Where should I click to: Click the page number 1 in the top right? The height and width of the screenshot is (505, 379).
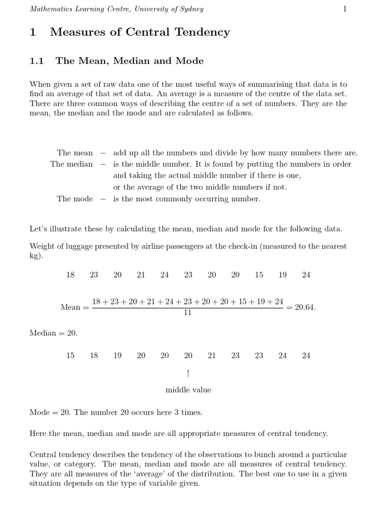coord(345,9)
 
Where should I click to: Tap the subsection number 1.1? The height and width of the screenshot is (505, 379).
coord(37,61)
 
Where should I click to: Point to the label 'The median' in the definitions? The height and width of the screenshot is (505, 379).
coord(72,164)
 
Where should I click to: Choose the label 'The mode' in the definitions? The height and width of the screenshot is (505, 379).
coord(75,199)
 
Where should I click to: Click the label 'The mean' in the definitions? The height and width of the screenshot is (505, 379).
coord(75,153)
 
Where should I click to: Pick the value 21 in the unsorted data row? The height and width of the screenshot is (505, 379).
coord(141,275)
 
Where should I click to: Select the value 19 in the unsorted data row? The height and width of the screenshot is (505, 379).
coord(282,275)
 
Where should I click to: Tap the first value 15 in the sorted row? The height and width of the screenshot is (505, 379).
coord(71,355)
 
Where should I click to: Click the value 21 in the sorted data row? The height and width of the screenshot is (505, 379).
coord(212,355)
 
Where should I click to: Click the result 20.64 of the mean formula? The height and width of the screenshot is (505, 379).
coord(304,307)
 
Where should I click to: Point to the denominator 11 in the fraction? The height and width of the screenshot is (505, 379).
coord(188,313)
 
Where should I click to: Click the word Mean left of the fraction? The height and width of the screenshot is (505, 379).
coord(70,307)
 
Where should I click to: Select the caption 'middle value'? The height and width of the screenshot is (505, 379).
coord(188,390)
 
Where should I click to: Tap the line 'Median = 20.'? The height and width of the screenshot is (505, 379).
coord(53,333)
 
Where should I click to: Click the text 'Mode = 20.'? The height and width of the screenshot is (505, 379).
coord(50,412)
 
